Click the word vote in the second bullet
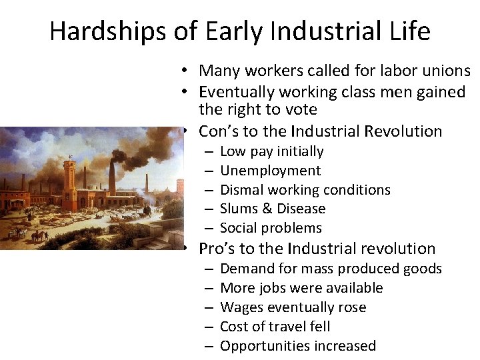coord(301,109)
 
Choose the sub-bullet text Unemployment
coord(270,171)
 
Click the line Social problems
coord(271,228)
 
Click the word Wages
coord(241,307)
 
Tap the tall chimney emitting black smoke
coord(111,175)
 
